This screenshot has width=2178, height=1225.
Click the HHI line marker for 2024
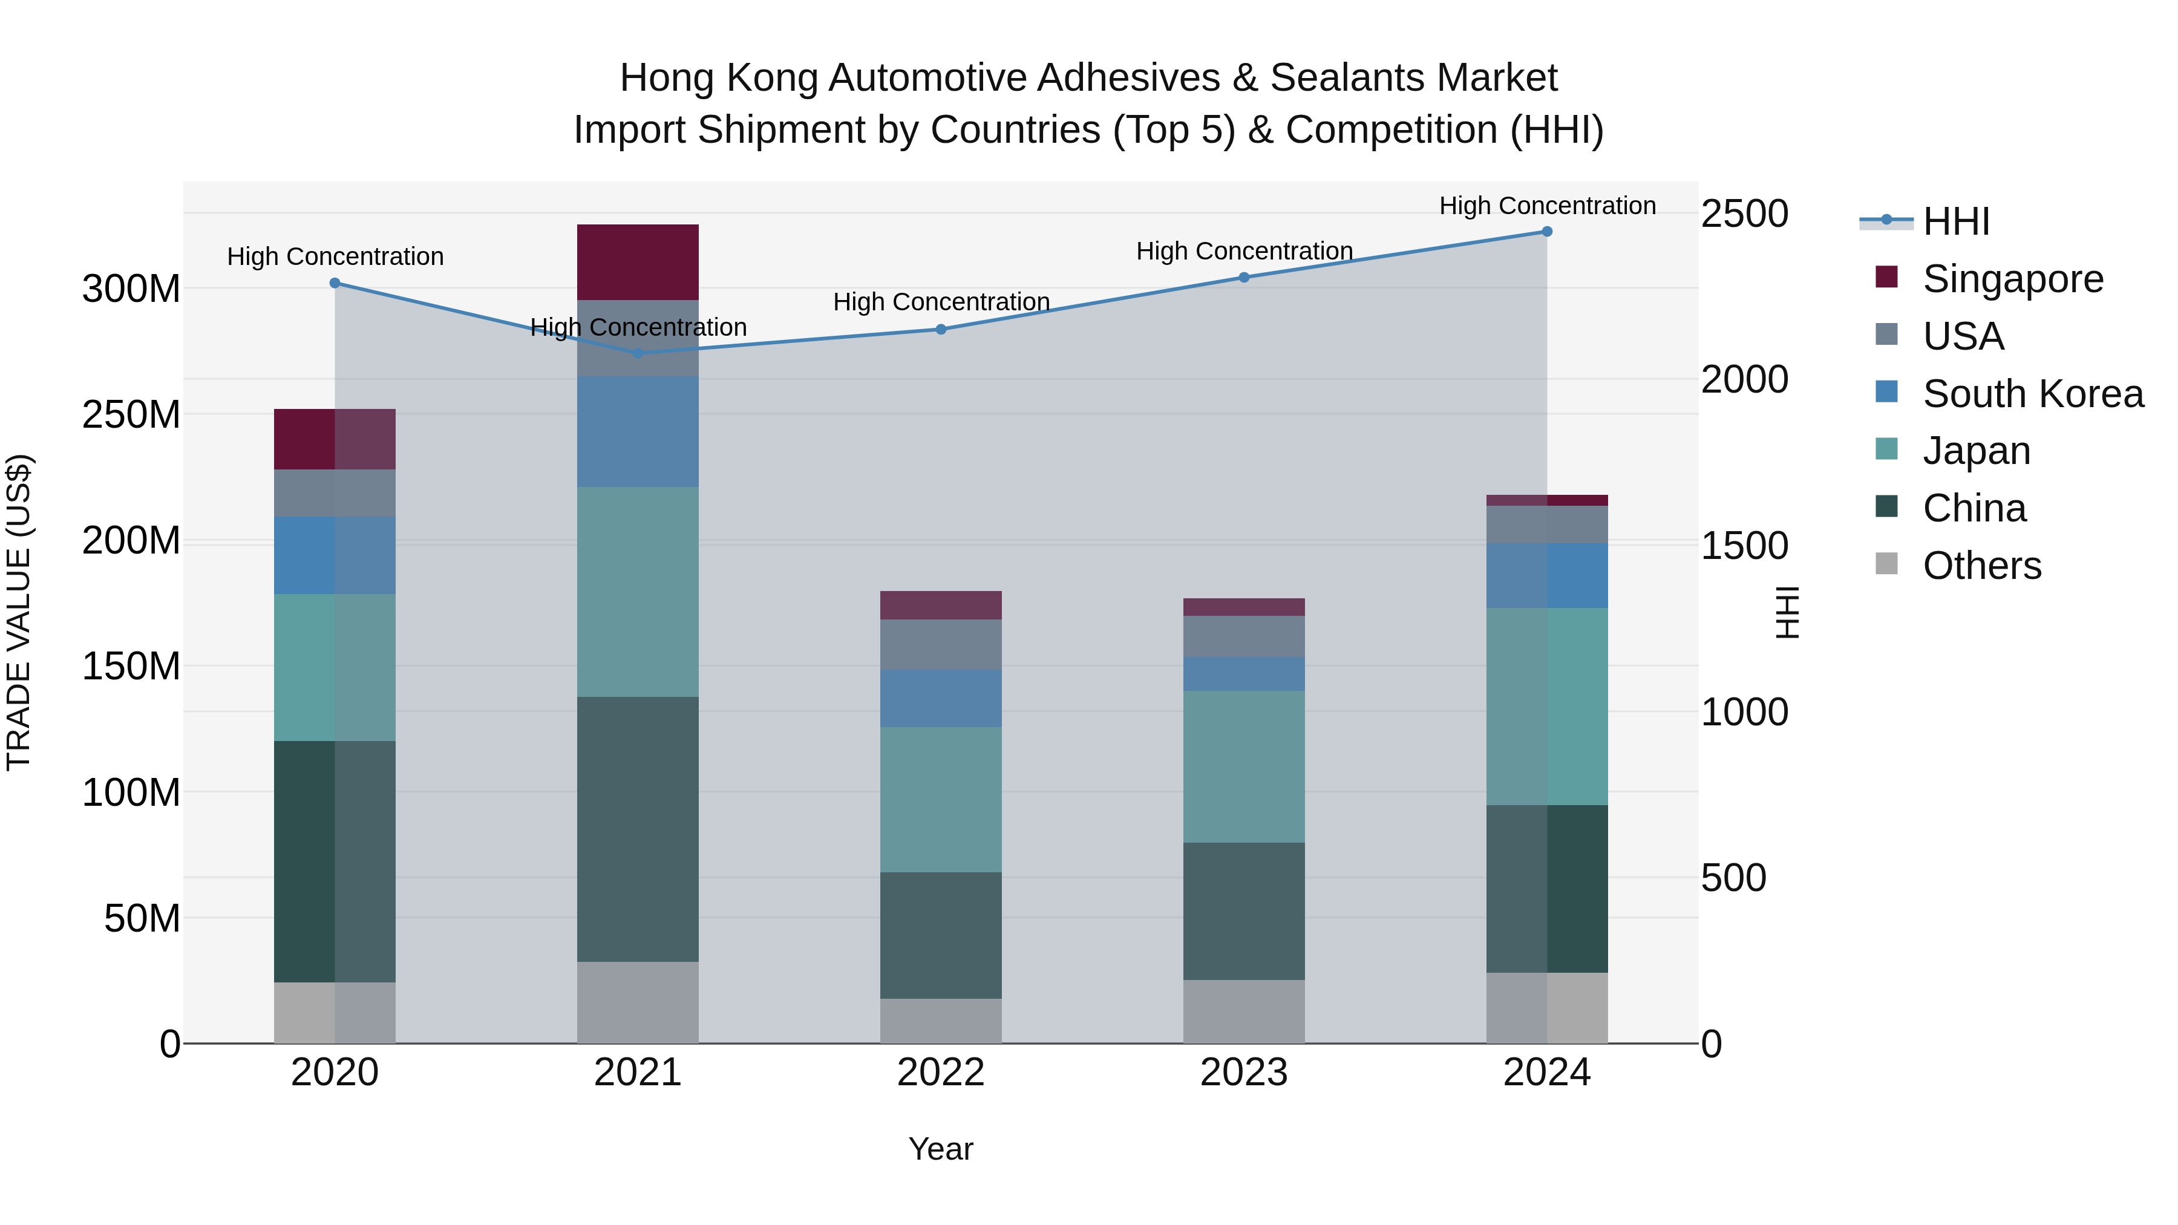pyautogui.click(x=1546, y=232)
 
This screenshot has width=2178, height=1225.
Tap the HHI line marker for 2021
pyautogui.click(x=638, y=353)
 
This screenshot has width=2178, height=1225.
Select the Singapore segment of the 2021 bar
pyautogui.click(x=638, y=262)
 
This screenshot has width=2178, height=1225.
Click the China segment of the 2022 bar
pyautogui.click(x=941, y=935)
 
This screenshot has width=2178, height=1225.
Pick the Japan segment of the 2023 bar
pyautogui.click(x=1244, y=767)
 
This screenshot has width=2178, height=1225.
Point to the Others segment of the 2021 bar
pyautogui.click(x=638, y=1002)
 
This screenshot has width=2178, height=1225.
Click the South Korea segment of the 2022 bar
pyautogui.click(x=941, y=698)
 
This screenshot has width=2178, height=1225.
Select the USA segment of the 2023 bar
pyautogui.click(x=1244, y=636)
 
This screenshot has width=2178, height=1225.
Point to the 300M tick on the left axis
pyautogui.click(x=131, y=289)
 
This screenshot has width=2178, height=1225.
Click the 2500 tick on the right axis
pyautogui.click(x=1744, y=214)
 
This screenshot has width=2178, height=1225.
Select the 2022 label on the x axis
pyautogui.click(x=941, y=1073)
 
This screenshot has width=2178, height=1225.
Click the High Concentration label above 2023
pyautogui.click(x=1244, y=251)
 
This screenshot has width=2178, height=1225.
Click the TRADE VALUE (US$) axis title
pyautogui.click(x=19, y=612)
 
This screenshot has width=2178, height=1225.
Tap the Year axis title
pyautogui.click(x=940, y=1149)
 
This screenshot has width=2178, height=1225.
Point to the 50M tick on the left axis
pyautogui.click(x=142, y=918)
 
